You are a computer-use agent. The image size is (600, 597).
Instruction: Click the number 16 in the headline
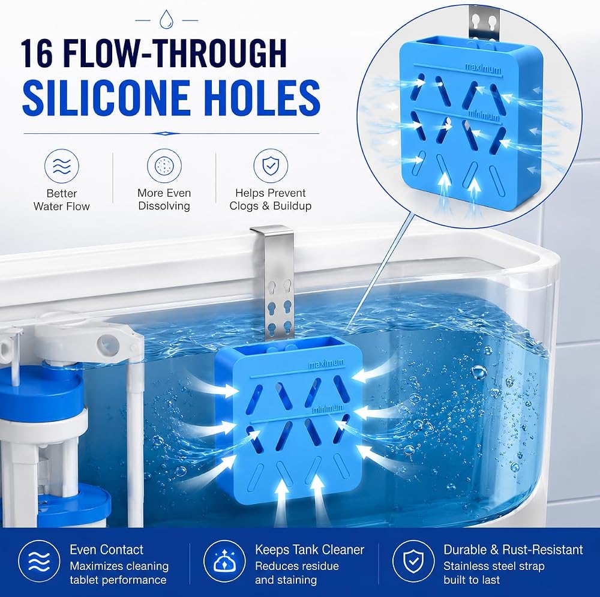pyautogui.click(x=37, y=53)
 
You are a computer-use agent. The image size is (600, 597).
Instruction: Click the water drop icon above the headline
pyautogui.click(x=166, y=19)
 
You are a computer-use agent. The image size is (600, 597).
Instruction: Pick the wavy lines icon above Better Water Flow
pyautogui.click(x=62, y=166)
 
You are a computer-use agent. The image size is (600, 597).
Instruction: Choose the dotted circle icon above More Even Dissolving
pyautogui.click(x=164, y=166)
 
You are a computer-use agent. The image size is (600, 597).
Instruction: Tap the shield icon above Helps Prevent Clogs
pyautogui.click(x=271, y=166)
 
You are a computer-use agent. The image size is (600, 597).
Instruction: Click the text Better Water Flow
pyautogui.click(x=62, y=200)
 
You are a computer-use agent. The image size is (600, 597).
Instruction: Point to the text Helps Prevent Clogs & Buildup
pyautogui.click(x=271, y=199)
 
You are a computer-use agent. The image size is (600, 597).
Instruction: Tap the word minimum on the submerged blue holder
pyautogui.click(x=328, y=409)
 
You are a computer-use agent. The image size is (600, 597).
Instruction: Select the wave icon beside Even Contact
pyautogui.click(x=40, y=561)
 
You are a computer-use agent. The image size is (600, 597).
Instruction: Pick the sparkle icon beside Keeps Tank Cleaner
pyautogui.click(x=224, y=561)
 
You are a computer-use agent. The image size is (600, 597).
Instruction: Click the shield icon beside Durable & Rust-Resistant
pyautogui.click(x=413, y=561)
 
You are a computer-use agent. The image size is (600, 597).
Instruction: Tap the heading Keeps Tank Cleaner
pyautogui.click(x=310, y=550)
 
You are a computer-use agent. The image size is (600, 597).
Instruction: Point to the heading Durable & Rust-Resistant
pyautogui.click(x=513, y=550)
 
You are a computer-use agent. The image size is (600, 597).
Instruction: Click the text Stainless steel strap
pyautogui.click(x=494, y=566)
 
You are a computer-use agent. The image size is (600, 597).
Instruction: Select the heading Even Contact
pyautogui.click(x=106, y=550)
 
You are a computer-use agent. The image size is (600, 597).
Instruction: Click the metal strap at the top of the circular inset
pyautogui.click(x=484, y=23)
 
